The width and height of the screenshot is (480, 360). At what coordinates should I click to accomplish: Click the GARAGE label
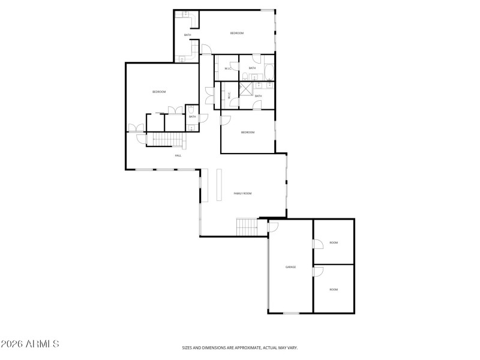[x=290, y=266]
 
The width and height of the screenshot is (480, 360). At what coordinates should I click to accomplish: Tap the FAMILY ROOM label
[x=242, y=193]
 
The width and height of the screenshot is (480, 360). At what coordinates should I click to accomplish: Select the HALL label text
[x=178, y=155]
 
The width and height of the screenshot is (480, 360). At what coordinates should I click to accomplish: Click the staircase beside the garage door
[x=247, y=227]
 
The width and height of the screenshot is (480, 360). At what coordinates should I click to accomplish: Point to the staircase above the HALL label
[x=164, y=140]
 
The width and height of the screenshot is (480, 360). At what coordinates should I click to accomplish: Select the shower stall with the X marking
[x=245, y=88]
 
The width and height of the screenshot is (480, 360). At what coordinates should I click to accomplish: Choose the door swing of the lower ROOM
[x=318, y=271]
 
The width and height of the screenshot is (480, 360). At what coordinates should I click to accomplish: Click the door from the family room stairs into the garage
[x=272, y=226]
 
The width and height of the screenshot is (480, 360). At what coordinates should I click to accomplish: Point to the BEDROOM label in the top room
[x=237, y=33]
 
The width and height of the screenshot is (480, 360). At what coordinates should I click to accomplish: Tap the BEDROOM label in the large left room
[x=158, y=91]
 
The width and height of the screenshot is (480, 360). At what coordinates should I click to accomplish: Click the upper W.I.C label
[x=228, y=68]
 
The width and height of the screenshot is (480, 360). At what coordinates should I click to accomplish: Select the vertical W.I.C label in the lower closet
[x=229, y=94]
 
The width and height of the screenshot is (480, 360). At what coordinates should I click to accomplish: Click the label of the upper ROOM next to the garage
[x=334, y=242]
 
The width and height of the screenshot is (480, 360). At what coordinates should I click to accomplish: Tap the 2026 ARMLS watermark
[x=30, y=344]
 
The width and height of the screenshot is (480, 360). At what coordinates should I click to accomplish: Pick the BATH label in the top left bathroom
[x=188, y=35]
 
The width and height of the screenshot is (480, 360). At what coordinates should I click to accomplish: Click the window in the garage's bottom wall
[x=292, y=313]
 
